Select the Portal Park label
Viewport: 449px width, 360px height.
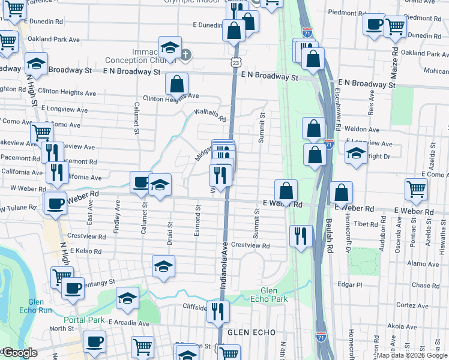[x=85, y=320]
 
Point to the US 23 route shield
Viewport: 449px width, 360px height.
[x=235, y=62]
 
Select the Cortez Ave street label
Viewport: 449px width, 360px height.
[x=411, y=305]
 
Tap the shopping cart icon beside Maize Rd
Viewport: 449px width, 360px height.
[x=395, y=26]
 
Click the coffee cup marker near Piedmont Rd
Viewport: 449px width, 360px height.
[x=375, y=25]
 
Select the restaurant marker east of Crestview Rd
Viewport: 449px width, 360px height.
[x=300, y=235]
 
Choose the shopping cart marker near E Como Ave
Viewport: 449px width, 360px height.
[x=416, y=188]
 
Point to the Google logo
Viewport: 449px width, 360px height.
[x=20, y=353]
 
